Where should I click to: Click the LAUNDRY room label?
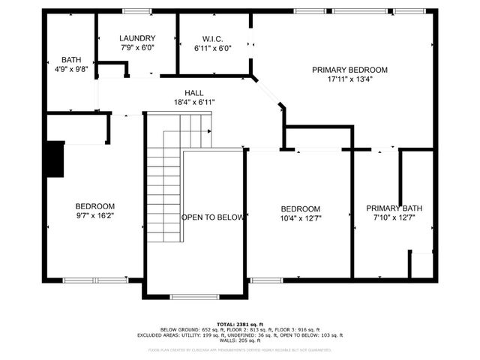coord(137,38)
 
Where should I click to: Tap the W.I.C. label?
coord(213,38)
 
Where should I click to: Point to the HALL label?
coord(193,92)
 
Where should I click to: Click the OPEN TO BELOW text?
coord(213,217)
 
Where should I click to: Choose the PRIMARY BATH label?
coord(390,208)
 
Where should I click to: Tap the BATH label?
coord(72,59)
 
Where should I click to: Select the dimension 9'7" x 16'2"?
coord(94,216)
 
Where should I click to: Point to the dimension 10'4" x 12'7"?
coord(300,218)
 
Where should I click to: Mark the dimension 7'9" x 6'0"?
coord(137,47)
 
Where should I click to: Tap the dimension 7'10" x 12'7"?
coord(390,217)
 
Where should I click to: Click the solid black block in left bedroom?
coord(55,160)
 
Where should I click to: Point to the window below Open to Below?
coord(194,297)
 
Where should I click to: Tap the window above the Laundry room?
coord(136,10)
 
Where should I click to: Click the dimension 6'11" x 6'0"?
coord(213,47)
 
